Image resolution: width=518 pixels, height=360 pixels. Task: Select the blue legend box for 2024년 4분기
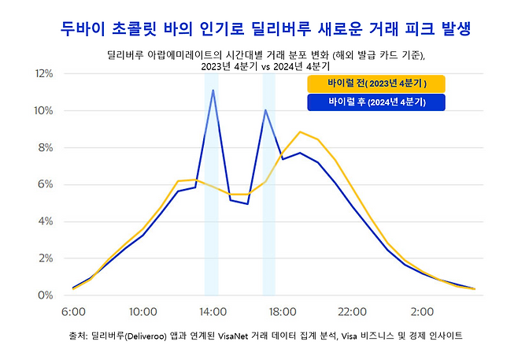(376, 103)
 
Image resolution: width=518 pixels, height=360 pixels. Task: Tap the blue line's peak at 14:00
(213, 90)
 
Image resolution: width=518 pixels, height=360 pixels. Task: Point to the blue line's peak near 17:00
(265, 110)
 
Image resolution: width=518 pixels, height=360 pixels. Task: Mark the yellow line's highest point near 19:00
(300, 132)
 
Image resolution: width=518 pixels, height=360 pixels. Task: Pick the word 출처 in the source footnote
(80, 336)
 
